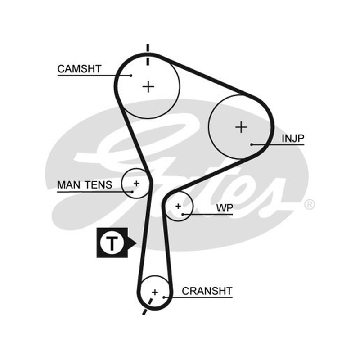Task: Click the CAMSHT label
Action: (79, 69)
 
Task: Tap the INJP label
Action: (293, 138)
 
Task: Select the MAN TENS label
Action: (85, 185)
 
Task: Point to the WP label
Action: (225, 208)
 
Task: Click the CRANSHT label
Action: (207, 291)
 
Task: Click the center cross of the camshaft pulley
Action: (148, 87)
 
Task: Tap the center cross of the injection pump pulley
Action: (241, 127)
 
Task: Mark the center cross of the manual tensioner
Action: (137, 184)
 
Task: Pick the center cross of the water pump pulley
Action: (178, 206)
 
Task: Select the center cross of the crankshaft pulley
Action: (155, 292)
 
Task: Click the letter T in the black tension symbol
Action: (112, 243)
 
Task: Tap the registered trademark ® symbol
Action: (309, 204)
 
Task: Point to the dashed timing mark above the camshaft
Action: (148, 54)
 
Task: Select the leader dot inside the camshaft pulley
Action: (131, 76)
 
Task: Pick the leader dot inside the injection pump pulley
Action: (252, 144)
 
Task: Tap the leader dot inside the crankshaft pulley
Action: (164, 297)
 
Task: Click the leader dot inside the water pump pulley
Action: (183, 215)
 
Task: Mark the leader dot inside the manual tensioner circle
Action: (132, 192)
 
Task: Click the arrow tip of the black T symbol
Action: (136, 243)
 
